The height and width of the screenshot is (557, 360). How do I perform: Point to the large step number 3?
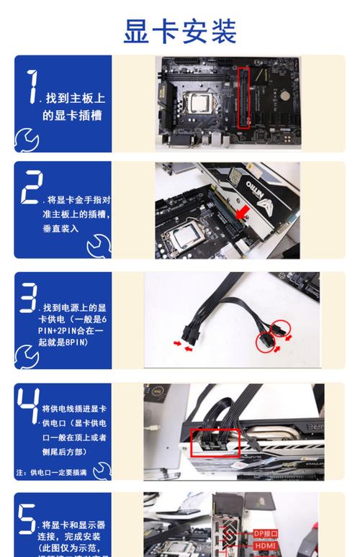29,299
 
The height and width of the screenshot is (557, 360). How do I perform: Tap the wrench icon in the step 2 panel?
99,248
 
